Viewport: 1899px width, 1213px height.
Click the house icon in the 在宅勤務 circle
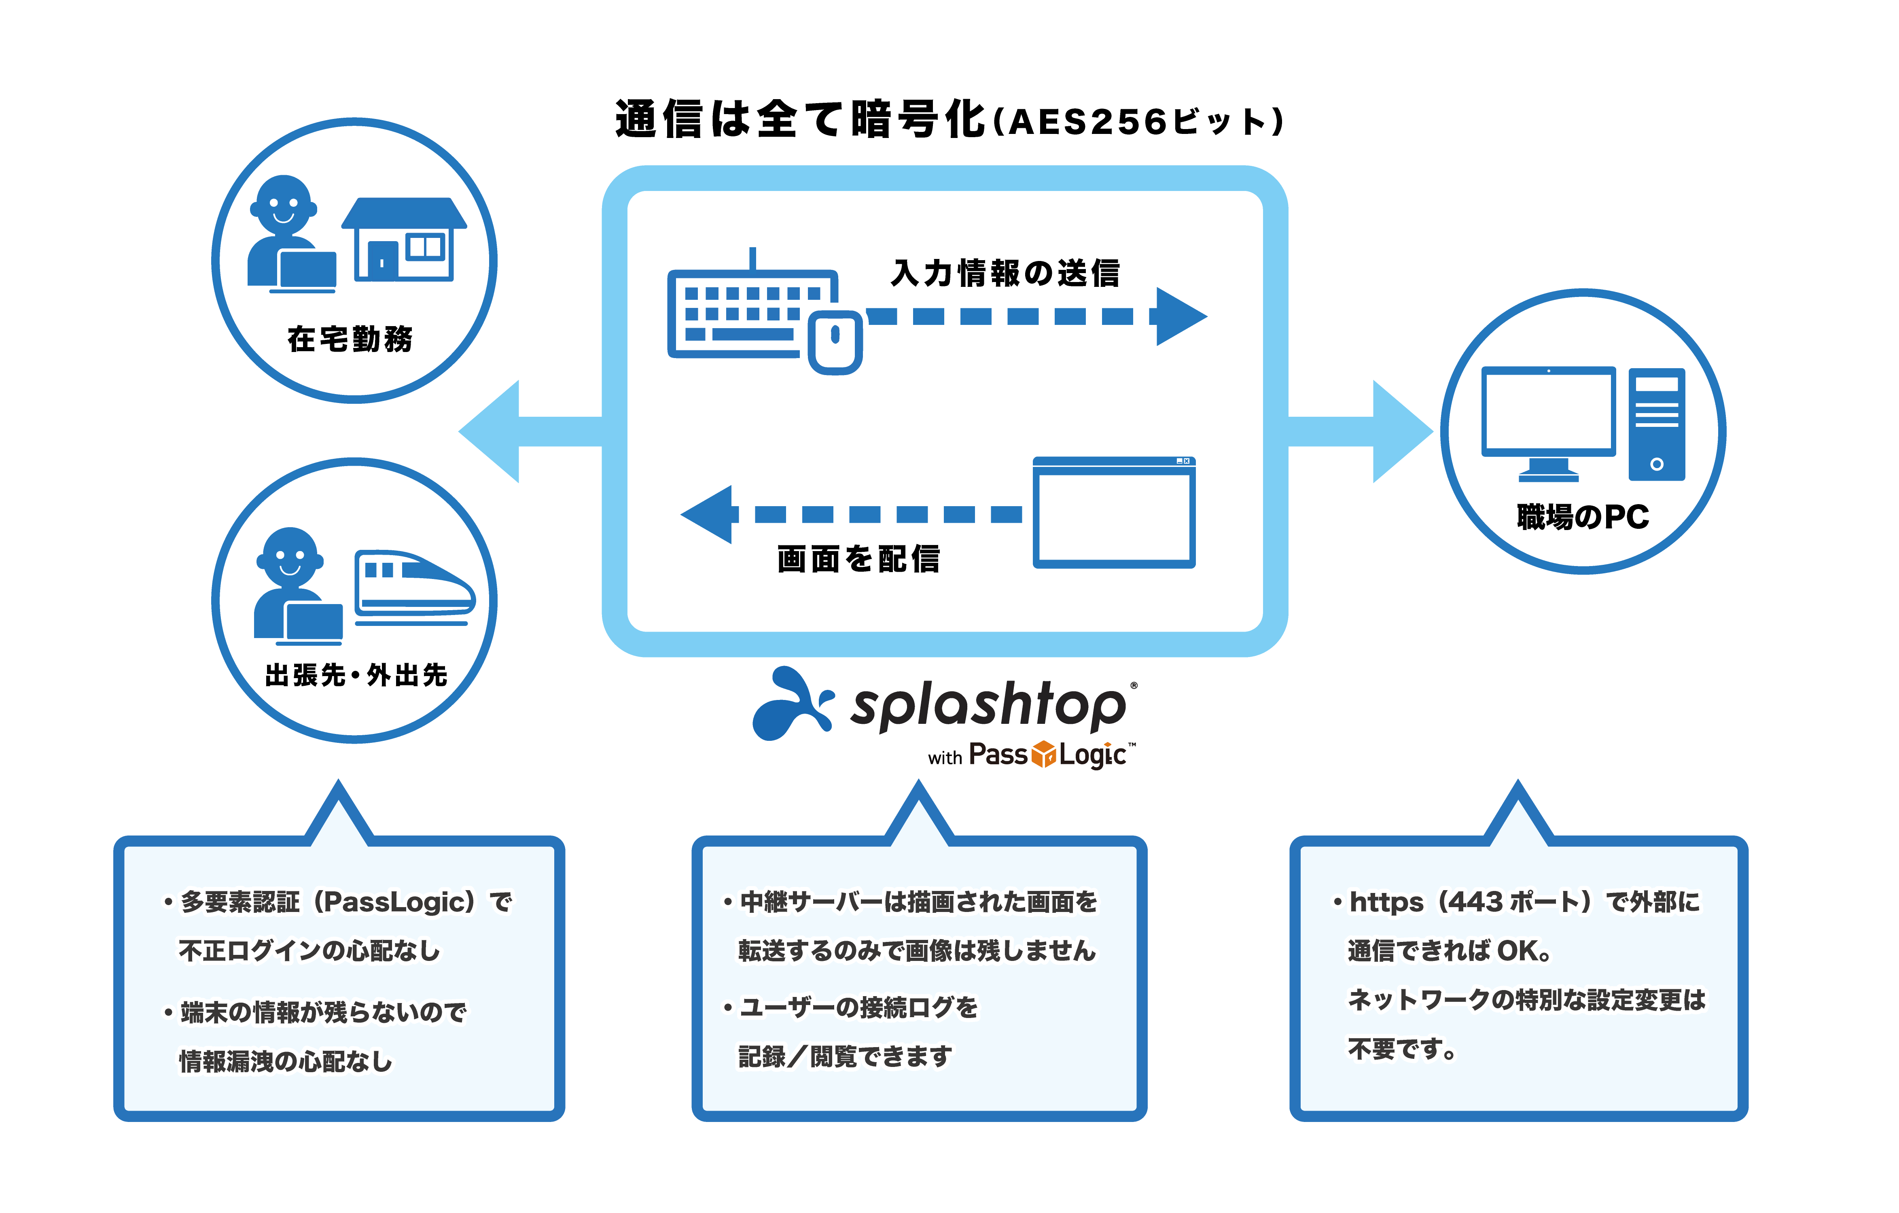point(404,239)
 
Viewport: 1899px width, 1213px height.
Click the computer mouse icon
point(835,341)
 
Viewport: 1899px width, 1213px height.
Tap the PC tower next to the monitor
point(1657,424)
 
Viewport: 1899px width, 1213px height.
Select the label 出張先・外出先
point(356,675)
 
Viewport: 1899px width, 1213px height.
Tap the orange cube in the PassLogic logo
point(1043,754)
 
